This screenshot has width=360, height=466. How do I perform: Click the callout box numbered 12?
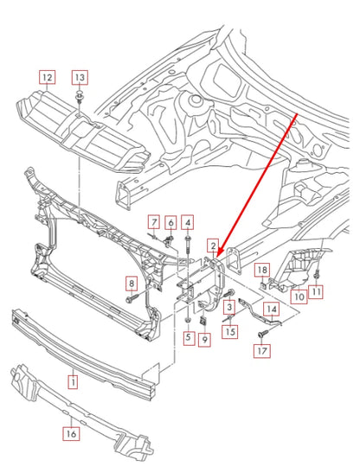pos(48,77)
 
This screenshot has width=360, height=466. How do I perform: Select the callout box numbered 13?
pos(79,77)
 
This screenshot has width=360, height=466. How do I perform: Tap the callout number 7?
pos(153,222)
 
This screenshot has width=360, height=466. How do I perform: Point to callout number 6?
pos(170,222)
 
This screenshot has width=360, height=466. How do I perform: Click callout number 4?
pos(188,222)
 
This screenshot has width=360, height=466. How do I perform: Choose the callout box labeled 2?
pos(212,247)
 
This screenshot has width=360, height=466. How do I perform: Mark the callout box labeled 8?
pos(132,284)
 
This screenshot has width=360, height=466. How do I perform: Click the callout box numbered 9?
pos(205,340)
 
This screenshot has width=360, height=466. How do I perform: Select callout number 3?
pos(229,308)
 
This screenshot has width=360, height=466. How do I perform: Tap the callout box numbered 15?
pos(229,331)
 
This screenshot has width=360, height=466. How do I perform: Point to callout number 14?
pos(271,309)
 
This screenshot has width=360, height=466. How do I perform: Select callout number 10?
pos(297,297)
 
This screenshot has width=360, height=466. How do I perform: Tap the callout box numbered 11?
pos(316,292)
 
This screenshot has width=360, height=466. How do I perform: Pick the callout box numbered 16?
pos(72,435)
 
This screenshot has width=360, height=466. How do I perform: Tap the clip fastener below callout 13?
pos(79,95)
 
